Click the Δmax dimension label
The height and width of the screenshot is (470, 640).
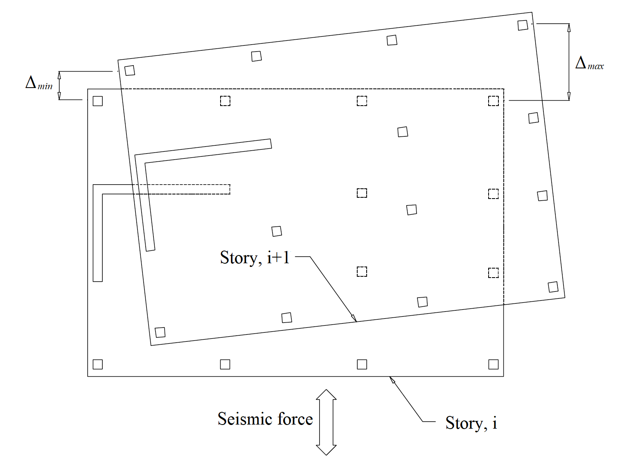(589, 64)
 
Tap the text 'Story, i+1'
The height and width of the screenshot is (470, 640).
(255, 258)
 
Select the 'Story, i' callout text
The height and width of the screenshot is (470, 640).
(471, 423)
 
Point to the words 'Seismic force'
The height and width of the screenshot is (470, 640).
(265, 419)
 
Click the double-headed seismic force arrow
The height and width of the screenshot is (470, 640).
(326, 422)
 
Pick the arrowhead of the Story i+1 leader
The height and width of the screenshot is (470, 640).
(354, 318)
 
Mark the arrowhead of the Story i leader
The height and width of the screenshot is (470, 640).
(392, 380)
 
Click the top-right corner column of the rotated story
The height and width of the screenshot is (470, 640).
(523, 25)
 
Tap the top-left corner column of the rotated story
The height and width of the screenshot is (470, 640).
(130, 70)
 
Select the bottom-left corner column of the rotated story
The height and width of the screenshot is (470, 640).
(160, 332)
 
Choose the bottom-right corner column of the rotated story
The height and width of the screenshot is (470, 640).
(553, 287)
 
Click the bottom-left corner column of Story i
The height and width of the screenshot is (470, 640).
(98, 364)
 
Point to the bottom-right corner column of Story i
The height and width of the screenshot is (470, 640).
(493, 364)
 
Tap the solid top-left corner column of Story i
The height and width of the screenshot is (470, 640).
(98, 101)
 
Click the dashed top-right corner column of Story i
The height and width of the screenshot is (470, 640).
(493, 101)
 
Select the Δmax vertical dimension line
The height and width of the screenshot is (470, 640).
(569, 61)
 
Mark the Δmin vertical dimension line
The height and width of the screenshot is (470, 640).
(59, 86)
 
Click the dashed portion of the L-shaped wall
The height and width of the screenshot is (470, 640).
(188, 189)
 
